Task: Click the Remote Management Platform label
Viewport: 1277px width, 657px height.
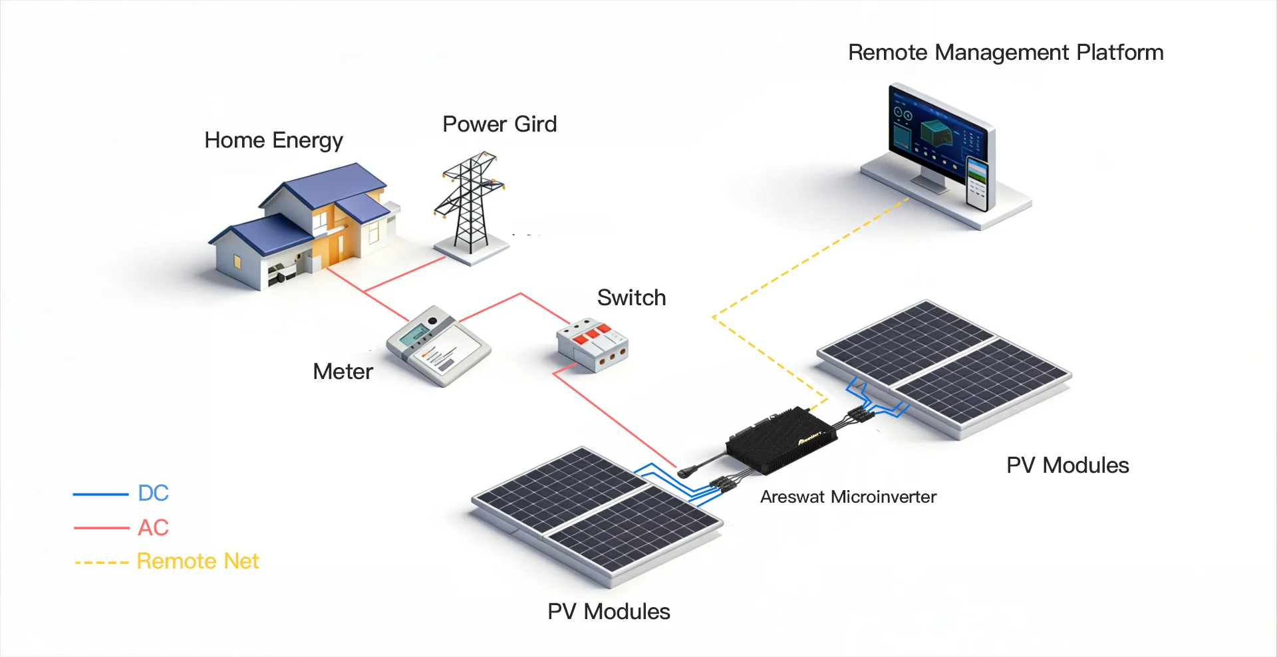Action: coord(1005,53)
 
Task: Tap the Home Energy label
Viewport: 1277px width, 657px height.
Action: coord(273,140)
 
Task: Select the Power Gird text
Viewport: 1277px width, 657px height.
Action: coord(499,124)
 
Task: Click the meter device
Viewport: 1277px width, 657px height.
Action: coord(438,345)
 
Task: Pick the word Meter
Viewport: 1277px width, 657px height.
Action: coord(343,371)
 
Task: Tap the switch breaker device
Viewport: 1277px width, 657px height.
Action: coord(592,344)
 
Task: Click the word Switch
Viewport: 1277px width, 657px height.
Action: coord(631,297)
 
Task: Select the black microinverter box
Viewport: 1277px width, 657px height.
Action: coord(781,440)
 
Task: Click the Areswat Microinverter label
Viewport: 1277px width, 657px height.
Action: coord(848,497)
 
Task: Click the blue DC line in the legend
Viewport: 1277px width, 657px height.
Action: coord(100,494)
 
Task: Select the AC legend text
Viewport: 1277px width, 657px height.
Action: coord(153,527)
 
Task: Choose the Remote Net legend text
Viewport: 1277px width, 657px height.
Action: coord(198,561)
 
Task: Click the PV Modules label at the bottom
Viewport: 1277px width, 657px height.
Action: coord(609,611)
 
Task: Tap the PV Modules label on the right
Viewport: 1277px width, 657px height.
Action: coord(1067,465)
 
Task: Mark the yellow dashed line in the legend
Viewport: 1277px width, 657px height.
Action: coord(102,563)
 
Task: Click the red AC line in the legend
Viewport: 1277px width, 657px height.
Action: coord(101,528)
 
